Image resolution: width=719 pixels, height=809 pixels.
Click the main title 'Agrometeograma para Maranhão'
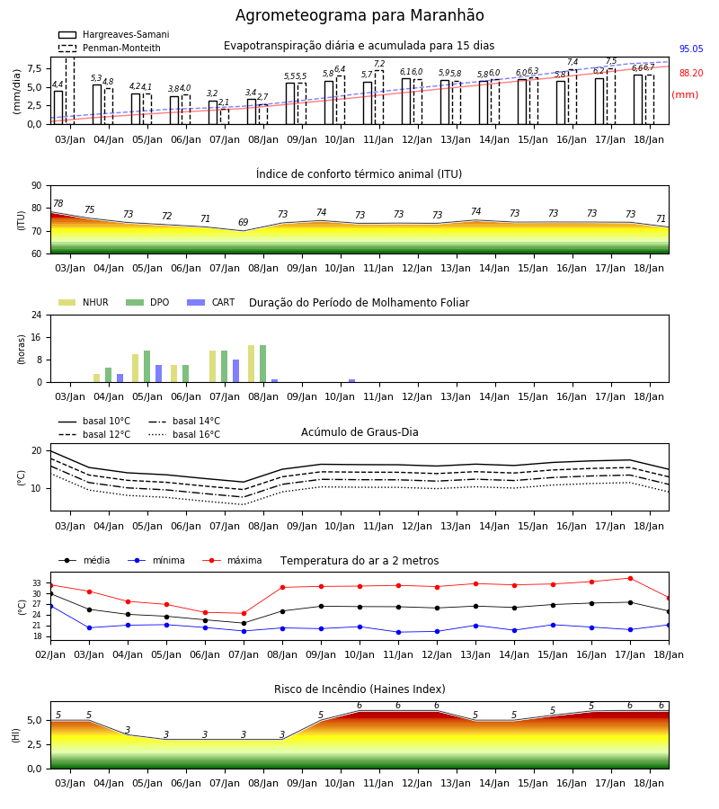359,15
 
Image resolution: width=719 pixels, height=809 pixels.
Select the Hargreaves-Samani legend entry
114,34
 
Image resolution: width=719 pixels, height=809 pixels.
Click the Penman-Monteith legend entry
110,48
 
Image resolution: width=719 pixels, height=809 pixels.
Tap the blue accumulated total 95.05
691,49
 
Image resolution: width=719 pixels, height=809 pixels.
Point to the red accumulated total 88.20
691,74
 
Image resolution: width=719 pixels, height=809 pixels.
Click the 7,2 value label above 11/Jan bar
379,64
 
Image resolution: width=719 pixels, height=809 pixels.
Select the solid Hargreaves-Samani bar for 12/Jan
406,101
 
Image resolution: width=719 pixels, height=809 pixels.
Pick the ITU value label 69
244,222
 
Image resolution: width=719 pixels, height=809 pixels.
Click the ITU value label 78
58,203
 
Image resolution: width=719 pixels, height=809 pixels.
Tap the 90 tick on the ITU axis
37,186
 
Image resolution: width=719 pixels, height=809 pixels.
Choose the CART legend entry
211,302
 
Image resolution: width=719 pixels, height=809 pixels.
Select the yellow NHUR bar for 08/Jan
251,364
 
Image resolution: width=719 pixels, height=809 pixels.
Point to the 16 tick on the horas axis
37,337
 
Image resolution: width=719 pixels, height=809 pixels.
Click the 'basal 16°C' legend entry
184,434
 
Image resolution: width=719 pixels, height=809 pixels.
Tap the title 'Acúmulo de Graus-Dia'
359,432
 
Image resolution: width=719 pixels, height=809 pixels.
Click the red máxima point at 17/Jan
630,578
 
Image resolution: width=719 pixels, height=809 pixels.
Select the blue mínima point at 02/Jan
50,606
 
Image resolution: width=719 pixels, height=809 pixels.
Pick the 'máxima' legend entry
232,560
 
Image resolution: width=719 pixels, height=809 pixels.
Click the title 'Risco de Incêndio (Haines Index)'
359,689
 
